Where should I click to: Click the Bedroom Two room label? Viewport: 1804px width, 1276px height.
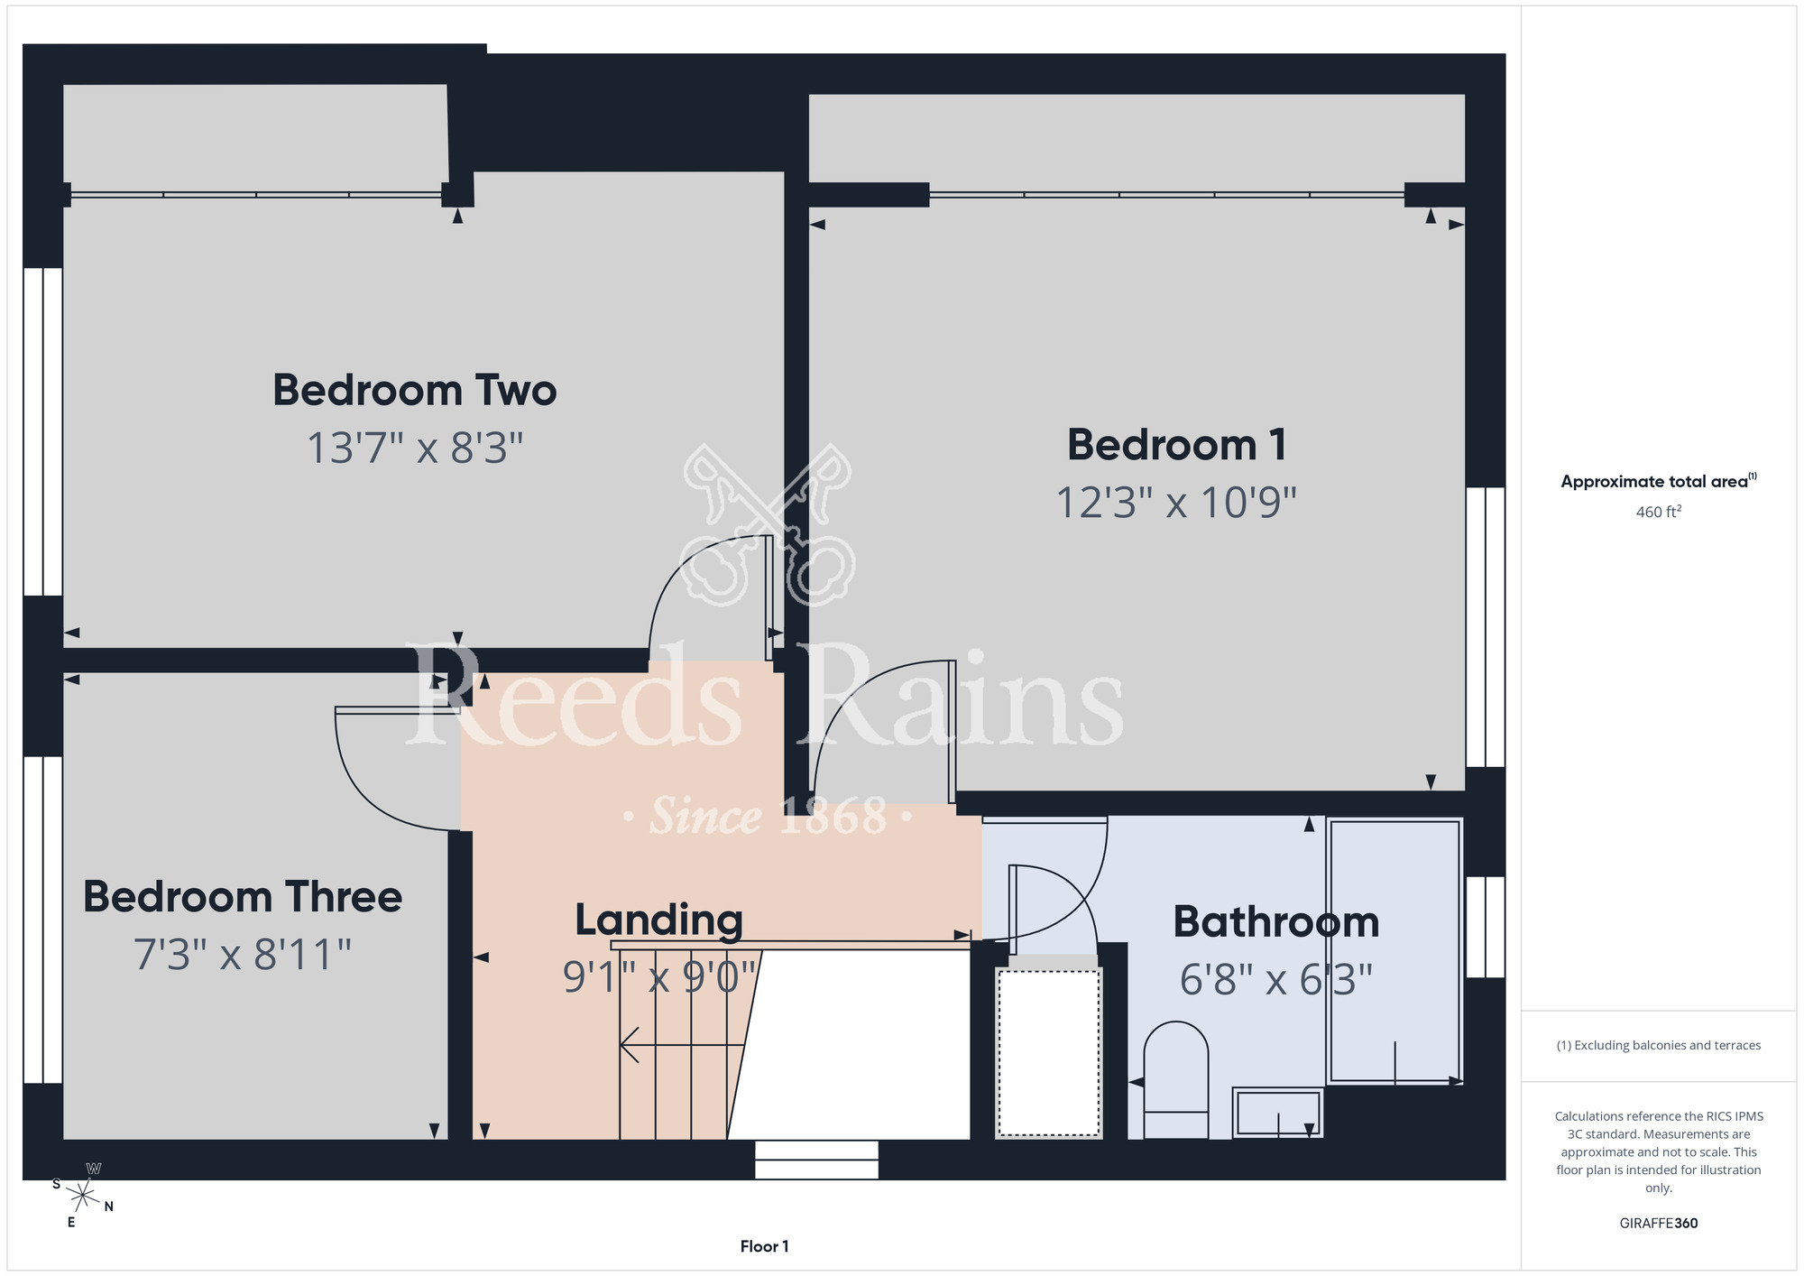tap(415, 391)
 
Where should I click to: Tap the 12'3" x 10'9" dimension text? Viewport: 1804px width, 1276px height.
tap(1176, 503)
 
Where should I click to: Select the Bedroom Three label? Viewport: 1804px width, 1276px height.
tap(243, 897)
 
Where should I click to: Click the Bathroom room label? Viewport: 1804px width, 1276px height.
tap(1276, 922)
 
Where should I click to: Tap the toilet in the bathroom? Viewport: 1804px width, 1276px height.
tap(1176, 1079)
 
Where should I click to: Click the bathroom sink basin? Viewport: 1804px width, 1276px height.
tap(1277, 1112)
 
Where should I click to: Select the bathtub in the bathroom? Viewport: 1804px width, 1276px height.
tap(1394, 950)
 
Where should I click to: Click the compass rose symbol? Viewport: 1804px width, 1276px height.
tap(83, 1197)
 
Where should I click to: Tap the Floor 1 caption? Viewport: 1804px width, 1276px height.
tap(764, 1246)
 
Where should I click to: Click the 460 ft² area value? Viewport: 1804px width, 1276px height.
tap(1659, 512)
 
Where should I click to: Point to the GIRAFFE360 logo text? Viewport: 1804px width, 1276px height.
tap(1659, 1224)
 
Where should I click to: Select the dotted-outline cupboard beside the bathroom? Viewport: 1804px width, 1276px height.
tap(1048, 1052)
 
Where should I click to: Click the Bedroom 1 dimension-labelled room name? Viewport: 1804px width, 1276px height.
tap(1176, 445)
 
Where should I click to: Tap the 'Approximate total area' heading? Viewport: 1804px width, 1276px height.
tap(1659, 481)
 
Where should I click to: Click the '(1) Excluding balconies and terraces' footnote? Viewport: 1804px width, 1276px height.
tap(1659, 1045)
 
